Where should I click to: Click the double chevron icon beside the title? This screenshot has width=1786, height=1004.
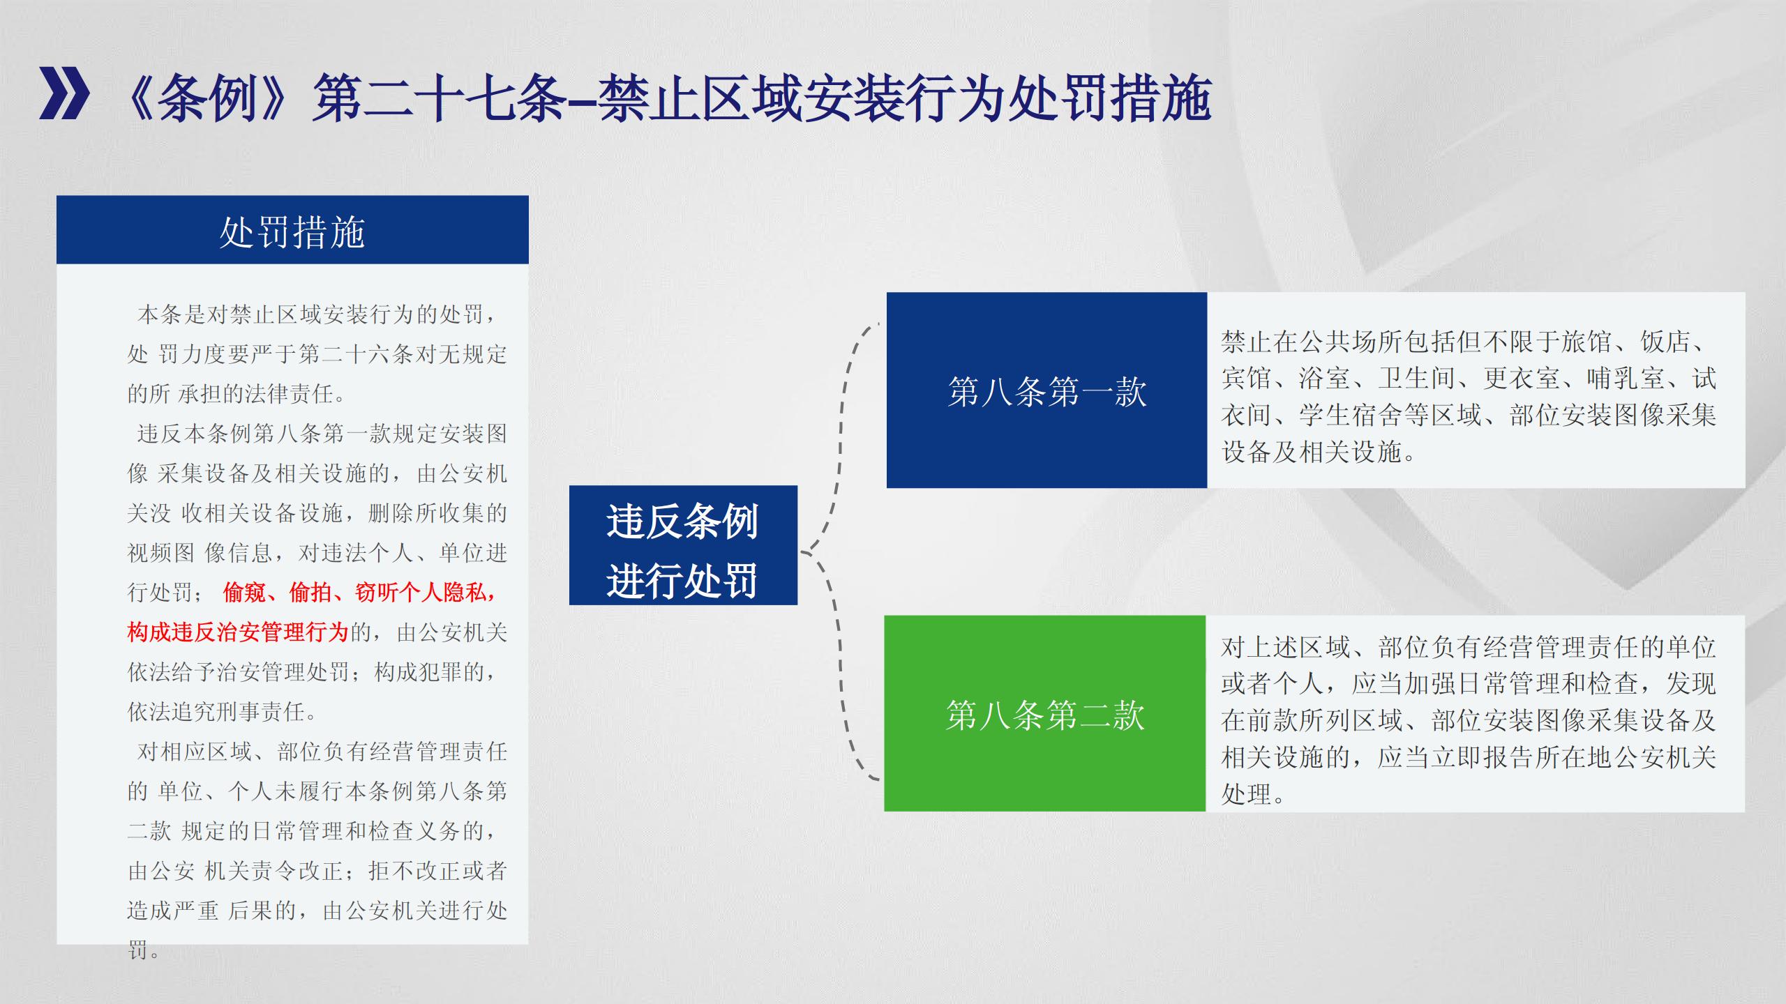(x=64, y=93)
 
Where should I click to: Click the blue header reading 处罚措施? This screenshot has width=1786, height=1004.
(x=292, y=229)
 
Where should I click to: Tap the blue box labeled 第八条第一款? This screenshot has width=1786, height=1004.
(x=1046, y=390)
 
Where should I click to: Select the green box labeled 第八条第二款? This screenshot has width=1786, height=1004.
(x=1045, y=713)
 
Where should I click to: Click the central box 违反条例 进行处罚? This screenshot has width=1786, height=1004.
(x=683, y=545)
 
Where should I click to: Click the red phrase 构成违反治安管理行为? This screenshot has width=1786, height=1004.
(x=238, y=632)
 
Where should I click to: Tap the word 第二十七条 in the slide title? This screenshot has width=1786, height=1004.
(x=439, y=98)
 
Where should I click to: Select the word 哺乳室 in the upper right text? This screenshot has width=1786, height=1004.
(x=1625, y=379)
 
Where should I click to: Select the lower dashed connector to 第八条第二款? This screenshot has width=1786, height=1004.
(x=840, y=662)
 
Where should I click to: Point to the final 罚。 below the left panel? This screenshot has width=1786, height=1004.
(x=144, y=950)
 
